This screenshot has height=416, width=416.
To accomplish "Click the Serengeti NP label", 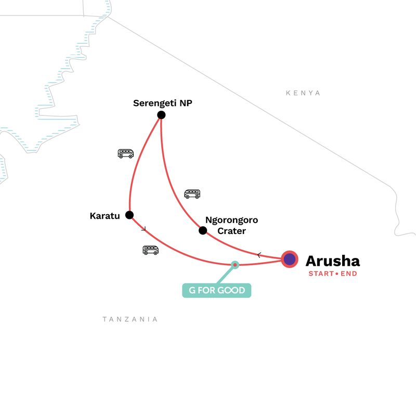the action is point(163,103).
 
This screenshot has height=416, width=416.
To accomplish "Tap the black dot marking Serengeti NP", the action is point(161,115).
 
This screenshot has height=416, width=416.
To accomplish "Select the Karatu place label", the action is point(106,215).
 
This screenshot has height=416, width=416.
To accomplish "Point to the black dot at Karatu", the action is point(129,215).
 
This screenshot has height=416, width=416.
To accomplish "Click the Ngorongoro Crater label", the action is point(231,225).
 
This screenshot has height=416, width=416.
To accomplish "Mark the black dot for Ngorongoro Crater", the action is point(203,230).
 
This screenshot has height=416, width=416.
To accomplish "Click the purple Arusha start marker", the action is point(290,259).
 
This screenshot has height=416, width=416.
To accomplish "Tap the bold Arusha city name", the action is point(332,260).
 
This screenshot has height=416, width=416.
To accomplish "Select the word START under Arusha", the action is point(320,274).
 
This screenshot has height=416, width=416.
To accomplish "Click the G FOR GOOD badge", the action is point(216,290).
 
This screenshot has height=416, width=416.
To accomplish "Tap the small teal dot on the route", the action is point(235,265).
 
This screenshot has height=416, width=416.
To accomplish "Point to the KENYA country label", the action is point(303,93).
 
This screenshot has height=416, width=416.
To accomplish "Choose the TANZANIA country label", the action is point(130,319).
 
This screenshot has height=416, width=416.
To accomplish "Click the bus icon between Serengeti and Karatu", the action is point(126,153).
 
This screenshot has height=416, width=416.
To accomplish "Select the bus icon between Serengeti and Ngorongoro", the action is point(192,194).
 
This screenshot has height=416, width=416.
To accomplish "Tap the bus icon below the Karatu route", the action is point(150,250).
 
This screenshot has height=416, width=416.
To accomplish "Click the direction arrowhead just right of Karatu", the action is point(144,228).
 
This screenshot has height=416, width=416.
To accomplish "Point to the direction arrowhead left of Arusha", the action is point(259,255).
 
